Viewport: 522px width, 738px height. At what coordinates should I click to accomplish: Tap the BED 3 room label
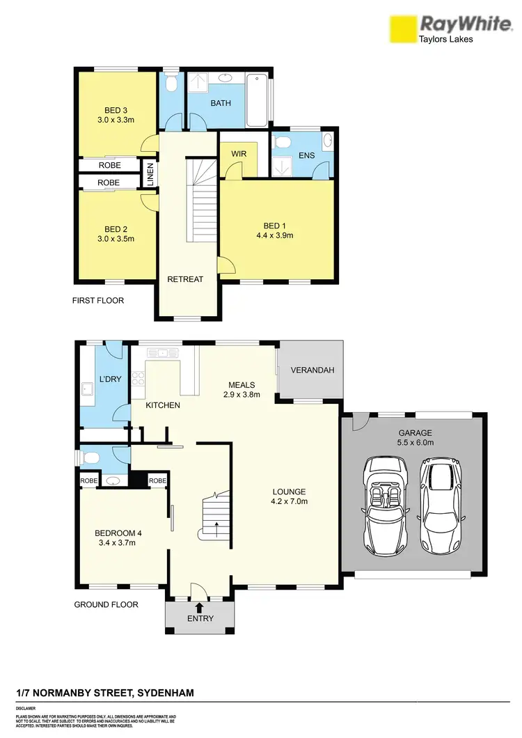[x=116, y=110]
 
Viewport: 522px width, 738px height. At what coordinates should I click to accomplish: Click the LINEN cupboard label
[x=150, y=173]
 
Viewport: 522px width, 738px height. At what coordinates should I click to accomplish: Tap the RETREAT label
[x=184, y=279]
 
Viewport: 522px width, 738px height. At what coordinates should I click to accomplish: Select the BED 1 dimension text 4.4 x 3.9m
[x=274, y=235]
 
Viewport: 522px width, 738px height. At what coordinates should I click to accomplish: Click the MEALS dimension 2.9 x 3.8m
[x=242, y=395]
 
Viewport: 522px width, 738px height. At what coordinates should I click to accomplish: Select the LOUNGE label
[x=289, y=492]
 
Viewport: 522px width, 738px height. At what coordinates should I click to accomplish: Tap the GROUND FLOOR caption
[x=106, y=604]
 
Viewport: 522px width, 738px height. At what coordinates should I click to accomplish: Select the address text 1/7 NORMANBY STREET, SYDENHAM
[x=105, y=693]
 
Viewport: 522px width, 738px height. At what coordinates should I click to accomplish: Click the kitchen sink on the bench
[x=164, y=352]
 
